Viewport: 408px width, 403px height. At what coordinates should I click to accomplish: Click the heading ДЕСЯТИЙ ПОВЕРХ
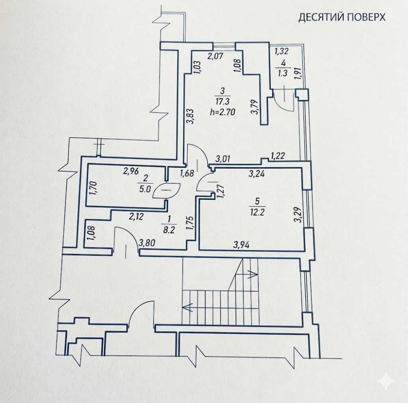(x=342, y=18)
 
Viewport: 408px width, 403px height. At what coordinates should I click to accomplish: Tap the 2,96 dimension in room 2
(x=131, y=171)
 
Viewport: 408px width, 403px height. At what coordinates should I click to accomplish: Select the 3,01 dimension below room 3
(x=223, y=159)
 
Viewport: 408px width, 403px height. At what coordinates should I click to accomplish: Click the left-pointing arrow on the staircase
(x=187, y=306)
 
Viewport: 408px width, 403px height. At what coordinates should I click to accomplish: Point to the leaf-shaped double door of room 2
(x=166, y=190)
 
